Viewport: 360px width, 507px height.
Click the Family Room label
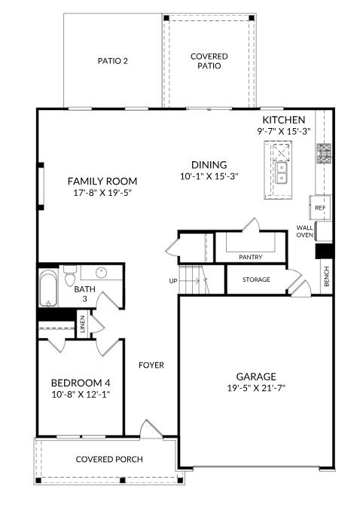pyautogui.click(x=102, y=181)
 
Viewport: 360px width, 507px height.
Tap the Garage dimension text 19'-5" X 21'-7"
pyautogui.click(x=256, y=389)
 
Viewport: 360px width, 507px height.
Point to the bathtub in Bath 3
pyautogui.click(x=49, y=289)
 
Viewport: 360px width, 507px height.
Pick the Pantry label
pyautogui.click(x=251, y=258)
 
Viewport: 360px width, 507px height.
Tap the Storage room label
pyautogui.click(x=256, y=279)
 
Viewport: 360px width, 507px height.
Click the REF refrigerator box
pyautogui.click(x=320, y=207)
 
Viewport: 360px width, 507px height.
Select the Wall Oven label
pyautogui.click(x=304, y=231)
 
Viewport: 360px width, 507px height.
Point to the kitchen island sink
pyautogui.click(x=282, y=178)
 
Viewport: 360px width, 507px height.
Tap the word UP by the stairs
pyautogui.click(x=173, y=281)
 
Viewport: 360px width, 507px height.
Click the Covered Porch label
pyautogui.click(x=109, y=460)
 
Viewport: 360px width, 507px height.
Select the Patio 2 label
pyautogui.click(x=113, y=61)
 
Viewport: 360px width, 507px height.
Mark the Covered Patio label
pyautogui.click(x=209, y=61)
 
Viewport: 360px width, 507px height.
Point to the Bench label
pyautogui.click(x=326, y=277)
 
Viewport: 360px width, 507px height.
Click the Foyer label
pyautogui.click(x=151, y=365)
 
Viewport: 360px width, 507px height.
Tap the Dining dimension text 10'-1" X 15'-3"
pyautogui.click(x=209, y=177)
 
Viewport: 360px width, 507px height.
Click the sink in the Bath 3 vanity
pyautogui.click(x=100, y=273)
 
